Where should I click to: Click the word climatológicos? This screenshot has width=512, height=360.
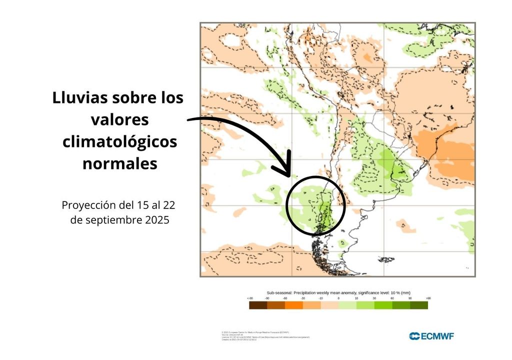[120, 142]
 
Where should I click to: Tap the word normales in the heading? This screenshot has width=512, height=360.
[120, 164]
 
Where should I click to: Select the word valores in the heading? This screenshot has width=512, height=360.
[120, 120]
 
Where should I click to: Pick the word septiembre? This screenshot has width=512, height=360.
[114, 220]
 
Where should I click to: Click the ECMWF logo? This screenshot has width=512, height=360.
[431, 336]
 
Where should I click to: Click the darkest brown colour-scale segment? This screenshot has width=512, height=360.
[258, 305]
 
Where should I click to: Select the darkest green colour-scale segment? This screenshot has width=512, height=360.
[419, 305]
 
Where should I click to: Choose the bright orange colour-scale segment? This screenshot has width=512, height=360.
[294, 305]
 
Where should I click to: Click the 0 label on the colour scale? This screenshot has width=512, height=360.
[338, 298]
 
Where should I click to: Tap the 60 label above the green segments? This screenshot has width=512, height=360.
[392, 298]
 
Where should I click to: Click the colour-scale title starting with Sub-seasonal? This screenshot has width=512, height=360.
[338, 292]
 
